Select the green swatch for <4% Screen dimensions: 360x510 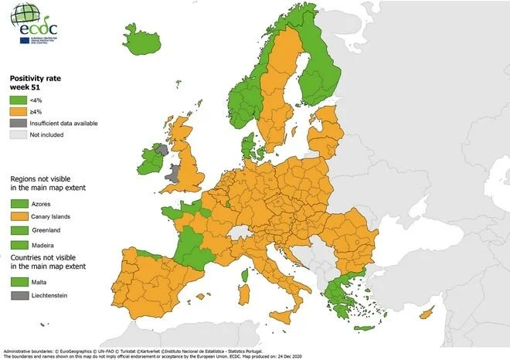18,99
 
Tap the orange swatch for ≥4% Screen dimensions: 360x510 18,110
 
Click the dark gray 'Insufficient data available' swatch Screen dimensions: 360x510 18,122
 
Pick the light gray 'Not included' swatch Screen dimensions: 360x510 18,134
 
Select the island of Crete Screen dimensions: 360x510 362,328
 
